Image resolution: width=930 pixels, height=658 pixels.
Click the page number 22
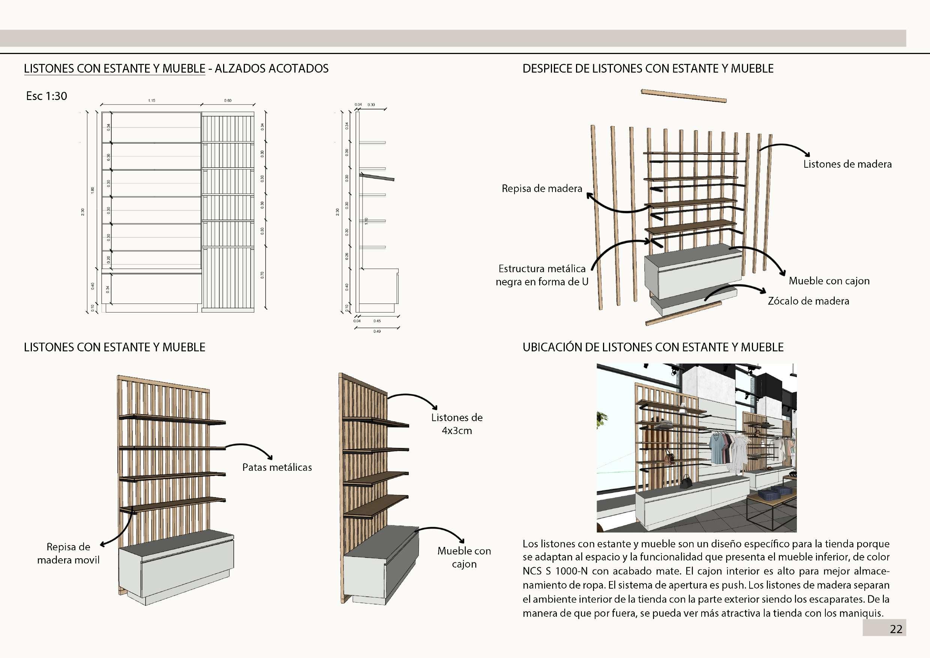[x=895, y=629]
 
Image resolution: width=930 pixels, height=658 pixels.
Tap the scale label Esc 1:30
[x=46, y=96]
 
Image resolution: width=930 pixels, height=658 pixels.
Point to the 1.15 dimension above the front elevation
[x=151, y=101]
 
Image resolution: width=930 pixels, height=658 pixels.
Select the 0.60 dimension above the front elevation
[x=228, y=101]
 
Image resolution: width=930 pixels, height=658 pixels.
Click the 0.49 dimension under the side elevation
[x=377, y=331]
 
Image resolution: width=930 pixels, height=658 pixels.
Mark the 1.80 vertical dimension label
[x=92, y=190]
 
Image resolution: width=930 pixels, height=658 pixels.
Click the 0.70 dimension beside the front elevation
[x=262, y=275]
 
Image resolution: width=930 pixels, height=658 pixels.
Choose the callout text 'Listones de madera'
[x=847, y=164]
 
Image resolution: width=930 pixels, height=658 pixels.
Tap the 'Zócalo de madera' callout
[x=808, y=301]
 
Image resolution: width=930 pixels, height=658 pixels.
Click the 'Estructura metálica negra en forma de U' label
[x=542, y=275]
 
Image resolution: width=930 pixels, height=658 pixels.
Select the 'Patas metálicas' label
[x=277, y=467]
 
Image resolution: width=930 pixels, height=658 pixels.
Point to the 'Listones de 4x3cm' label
[x=456, y=424]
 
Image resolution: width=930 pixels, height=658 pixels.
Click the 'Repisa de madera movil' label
[x=68, y=553]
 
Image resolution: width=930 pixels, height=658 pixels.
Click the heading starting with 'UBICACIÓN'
[x=653, y=347]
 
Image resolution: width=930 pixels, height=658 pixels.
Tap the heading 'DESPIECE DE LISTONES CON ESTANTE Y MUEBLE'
[x=648, y=69]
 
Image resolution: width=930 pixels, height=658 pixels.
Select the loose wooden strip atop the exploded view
[x=683, y=96]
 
